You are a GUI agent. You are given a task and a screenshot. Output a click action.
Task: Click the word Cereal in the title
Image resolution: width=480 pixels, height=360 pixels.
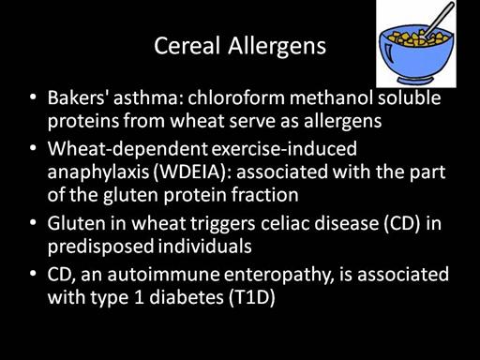pyautogui.click(x=187, y=46)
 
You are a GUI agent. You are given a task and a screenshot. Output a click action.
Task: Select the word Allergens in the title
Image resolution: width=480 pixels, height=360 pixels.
pyautogui.click(x=277, y=47)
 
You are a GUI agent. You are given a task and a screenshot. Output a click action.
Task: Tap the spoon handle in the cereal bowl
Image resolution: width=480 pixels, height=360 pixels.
pyautogui.click(x=440, y=20)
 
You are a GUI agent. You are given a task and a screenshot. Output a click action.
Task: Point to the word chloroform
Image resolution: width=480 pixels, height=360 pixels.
pyautogui.click(x=236, y=97)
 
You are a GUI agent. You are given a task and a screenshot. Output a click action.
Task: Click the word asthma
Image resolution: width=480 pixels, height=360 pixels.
pyautogui.click(x=148, y=97)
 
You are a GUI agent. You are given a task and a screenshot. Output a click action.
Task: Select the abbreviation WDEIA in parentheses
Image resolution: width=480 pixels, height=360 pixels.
pyautogui.click(x=191, y=172)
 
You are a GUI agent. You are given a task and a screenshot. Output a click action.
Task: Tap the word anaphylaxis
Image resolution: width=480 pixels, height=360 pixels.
pyautogui.click(x=98, y=172)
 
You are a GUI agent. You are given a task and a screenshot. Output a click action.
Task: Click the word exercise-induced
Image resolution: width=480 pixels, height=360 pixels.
pyautogui.click(x=284, y=149)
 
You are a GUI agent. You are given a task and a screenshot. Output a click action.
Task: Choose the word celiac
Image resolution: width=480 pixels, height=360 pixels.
pyautogui.click(x=285, y=223)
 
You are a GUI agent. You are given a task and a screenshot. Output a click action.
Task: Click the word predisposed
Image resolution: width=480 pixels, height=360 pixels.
pyautogui.click(x=100, y=247)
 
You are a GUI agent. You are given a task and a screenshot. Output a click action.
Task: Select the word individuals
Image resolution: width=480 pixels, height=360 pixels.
pyautogui.click(x=204, y=246)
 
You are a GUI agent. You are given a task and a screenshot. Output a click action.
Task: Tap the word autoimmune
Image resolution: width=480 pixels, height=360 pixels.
pyautogui.click(x=163, y=274)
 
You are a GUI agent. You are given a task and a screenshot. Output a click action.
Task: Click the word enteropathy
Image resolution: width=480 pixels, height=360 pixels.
pyautogui.click(x=279, y=275)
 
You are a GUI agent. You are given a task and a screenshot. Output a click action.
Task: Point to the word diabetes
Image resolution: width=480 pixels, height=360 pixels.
pyautogui.click(x=187, y=297)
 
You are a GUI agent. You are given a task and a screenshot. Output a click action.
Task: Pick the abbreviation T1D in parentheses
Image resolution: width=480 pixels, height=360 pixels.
pyautogui.click(x=252, y=297)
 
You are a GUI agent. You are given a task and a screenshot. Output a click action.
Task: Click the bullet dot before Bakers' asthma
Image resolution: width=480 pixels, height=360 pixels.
pyautogui.click(x=33, y=97)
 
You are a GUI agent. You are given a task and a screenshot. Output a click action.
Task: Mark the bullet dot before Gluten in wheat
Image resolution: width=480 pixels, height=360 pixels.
pyautogui.click(x=33, y=222)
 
